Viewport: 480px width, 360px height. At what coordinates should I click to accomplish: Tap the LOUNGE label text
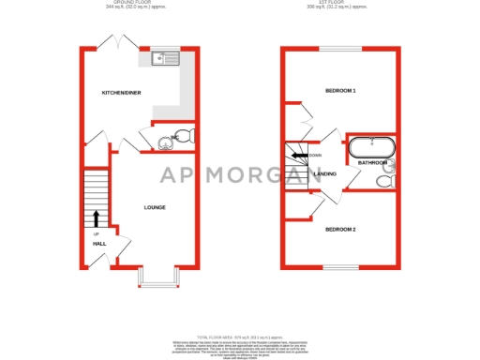click(x=155, y=206)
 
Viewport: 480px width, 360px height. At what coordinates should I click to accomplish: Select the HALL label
click(x=98, y=243)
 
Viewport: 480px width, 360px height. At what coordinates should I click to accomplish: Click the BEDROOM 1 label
click(x=340, y=91)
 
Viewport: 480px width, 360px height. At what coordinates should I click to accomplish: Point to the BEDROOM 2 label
click(x=340, y=229)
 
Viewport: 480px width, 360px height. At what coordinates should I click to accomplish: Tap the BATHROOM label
click(x=372, y=163)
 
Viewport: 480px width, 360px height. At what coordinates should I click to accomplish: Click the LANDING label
click(x=325, y=174)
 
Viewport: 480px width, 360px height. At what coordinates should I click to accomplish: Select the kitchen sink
click(x=165, y=59)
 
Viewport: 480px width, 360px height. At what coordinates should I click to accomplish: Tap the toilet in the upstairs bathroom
click(x=382, y=181)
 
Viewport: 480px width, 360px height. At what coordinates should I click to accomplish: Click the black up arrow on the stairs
click(x=96, y=218)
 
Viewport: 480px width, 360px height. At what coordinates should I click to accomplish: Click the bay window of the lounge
click(x=156, y=276)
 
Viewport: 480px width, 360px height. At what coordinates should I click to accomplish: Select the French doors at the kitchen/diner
click(x=116, y=42)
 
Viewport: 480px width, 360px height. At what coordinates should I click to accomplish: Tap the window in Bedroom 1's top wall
click(x=338, y=47)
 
